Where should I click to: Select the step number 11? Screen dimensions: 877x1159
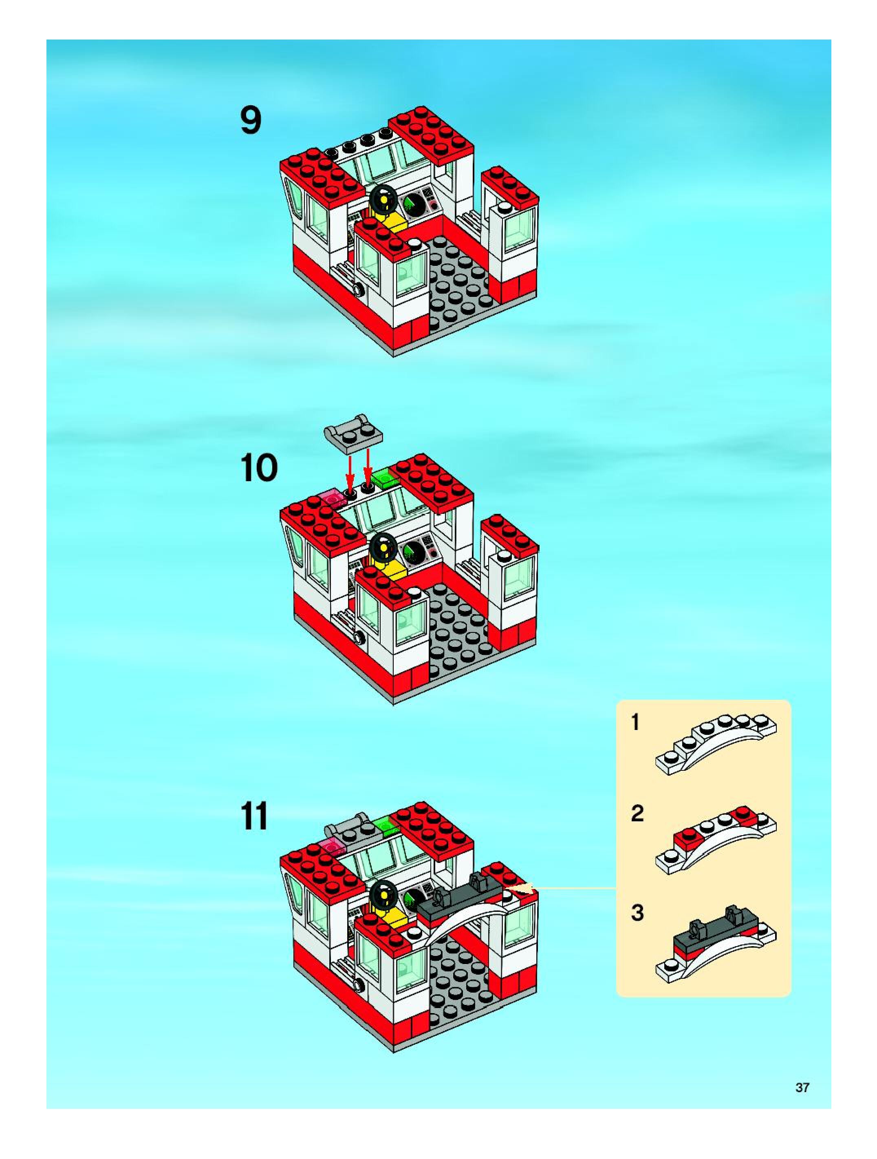click(x=254, y=816)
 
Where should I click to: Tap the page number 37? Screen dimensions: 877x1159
click(x=802, y=1087)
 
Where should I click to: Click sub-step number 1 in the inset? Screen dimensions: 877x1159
click(x=636, y=723)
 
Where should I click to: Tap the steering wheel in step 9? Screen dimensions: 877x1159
click(x=384, y=199)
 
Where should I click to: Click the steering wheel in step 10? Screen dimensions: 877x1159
click(x=384, y=546)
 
